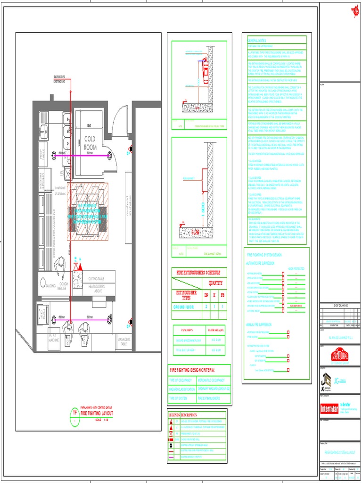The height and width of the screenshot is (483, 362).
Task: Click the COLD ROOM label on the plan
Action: (x=90, y=142)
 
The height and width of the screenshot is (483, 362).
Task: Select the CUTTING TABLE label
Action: (x=99, y=279)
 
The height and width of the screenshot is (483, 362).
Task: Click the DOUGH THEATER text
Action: (x=62, y=286)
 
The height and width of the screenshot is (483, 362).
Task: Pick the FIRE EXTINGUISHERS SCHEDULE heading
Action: (x=198, y=273)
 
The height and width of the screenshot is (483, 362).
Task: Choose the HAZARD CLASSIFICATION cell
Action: (x=182, y=389)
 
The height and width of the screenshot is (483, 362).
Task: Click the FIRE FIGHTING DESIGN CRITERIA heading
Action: (x=192, y=370)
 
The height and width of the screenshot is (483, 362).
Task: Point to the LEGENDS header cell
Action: (x=173, y=415)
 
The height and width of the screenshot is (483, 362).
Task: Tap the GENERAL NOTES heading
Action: (x=257, y=41)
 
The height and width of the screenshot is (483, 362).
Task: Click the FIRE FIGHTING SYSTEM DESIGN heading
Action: (x=266, y=255)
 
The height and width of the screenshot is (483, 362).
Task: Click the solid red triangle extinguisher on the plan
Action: (x=80, y=267)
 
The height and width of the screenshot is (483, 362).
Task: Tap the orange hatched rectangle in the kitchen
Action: (x=87, y=211)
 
